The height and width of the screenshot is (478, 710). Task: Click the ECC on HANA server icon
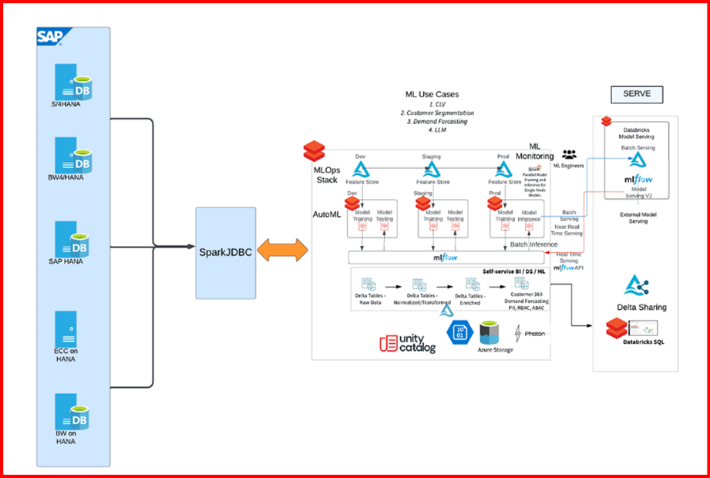pyautogui.click(x=66, y=328)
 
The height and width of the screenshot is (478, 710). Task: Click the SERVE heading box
pyautogui.click(x=637, y=94)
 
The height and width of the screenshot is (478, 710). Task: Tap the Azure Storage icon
pyautogui.click(x=496, y=335)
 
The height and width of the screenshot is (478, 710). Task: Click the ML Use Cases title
pyautogui.click(x=437, y=94)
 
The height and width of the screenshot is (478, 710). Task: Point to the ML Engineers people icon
pyautogui.click(x=569, y=155)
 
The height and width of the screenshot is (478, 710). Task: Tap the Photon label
pyautogui.click(x=534, y=334)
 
